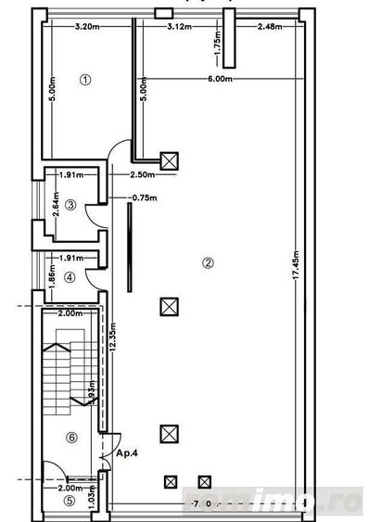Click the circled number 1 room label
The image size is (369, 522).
[x=85, y=80]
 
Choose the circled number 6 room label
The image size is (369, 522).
[x=71, y=437]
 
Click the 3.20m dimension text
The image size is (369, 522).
[x=87, y=26]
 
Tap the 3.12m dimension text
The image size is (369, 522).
[x=180, y=26]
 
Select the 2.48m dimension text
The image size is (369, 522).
[x=271, y=26]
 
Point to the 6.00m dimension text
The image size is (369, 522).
[x=220, y=80]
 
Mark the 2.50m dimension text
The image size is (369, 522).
[x=142, y=175]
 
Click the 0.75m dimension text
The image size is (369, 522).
[x=144, y=197]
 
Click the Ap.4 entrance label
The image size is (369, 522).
[x=128, y=453]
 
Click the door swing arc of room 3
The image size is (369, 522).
[x=94, y=213]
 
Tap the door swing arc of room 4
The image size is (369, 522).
[x=94, y=277]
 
